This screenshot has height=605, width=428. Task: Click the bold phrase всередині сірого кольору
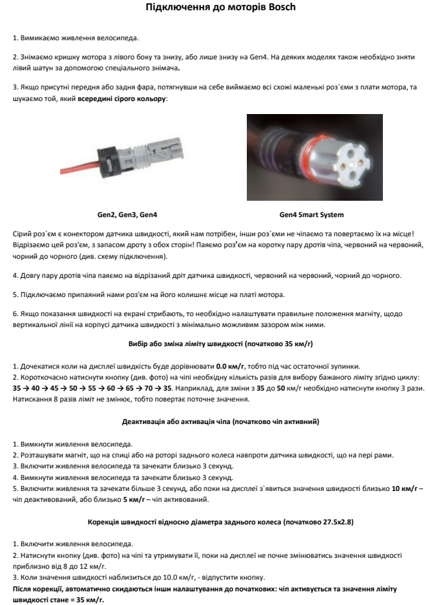pyautogui.click(x=122, y=99)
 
